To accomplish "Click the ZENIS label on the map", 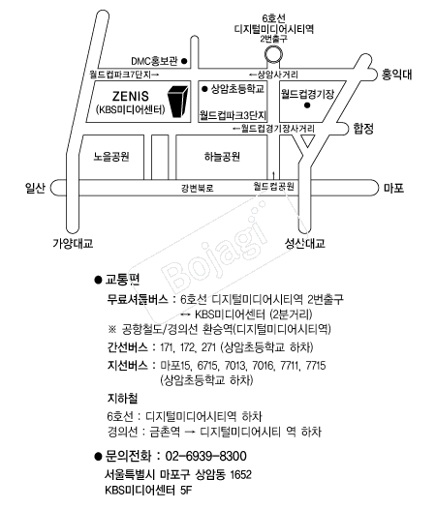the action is click(x=131, y=96).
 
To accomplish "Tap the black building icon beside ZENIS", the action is click(x=177, y=102).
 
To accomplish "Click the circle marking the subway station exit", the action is click(x=273, y=54).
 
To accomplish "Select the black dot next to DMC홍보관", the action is click(x=184, y=61).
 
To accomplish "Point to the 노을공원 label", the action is click(x=111, y=157).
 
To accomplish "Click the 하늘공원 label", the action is click(x=222, y=157).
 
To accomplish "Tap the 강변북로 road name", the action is click(x=197, y=188).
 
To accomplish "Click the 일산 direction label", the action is click(x=35, y=188).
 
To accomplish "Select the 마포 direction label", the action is click(x=393, y=188).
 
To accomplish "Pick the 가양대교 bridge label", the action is click(x=73, y=243).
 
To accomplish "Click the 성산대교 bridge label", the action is click(x=304, y=243).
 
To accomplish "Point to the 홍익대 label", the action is click(x=396, y=75).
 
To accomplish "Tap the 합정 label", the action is click(x=363, y=129).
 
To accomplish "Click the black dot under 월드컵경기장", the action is click(x=307, y=105).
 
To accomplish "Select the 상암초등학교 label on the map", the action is click(x=237, y=89).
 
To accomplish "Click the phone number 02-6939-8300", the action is click(x=205, y=456).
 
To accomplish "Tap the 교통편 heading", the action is click(x=122, y=280).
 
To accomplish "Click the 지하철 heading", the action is click(x=122, y=398).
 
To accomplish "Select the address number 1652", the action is click(x=240, y=474).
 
